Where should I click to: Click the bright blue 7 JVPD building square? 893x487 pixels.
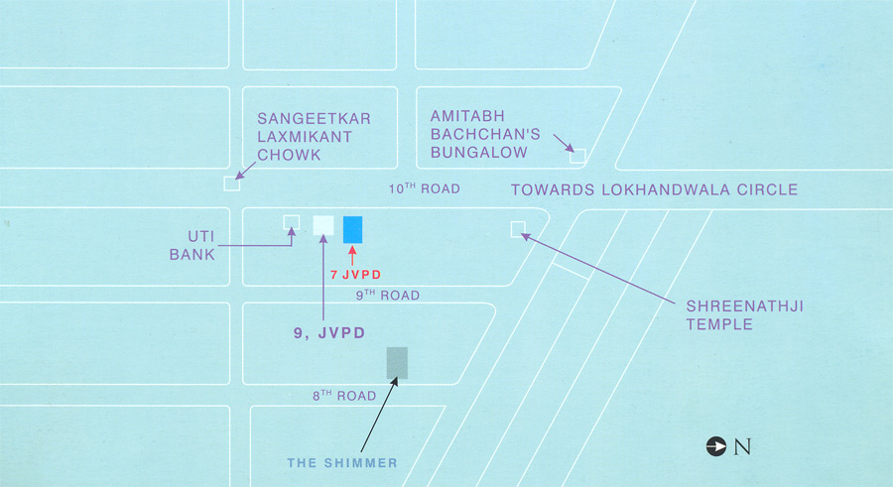coord(352,228)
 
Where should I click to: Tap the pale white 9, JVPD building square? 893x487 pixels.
coord(323,225)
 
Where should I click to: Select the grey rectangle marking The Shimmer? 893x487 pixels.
coord(397,363)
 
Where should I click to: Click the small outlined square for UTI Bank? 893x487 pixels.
coord(292,221)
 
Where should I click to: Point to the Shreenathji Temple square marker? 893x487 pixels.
coord(517,229)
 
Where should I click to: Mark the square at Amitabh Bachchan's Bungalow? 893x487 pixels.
coord(577,155)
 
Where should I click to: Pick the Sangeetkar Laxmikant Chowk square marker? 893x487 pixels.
coord(231,183)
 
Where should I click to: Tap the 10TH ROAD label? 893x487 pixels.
coord(424,188)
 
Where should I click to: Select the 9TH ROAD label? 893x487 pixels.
coord(388,295)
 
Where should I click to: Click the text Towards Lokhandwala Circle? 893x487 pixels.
coord(653,189)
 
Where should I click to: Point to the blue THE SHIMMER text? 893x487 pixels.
coord(341,462)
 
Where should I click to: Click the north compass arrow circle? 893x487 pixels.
coord(714,446)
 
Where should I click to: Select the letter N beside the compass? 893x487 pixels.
coord(742,446)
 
